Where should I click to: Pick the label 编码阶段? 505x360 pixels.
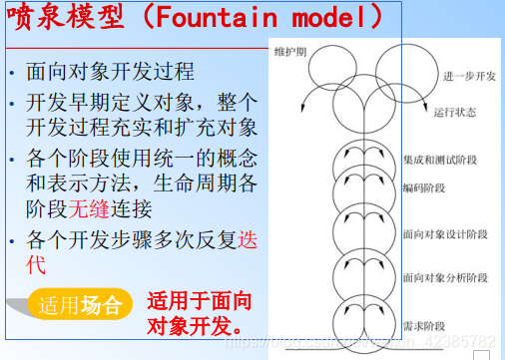[x=422, y=185]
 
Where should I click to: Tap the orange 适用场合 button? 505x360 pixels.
[x=80, y=304]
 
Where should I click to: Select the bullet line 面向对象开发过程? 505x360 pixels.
[x=110, y=73]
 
